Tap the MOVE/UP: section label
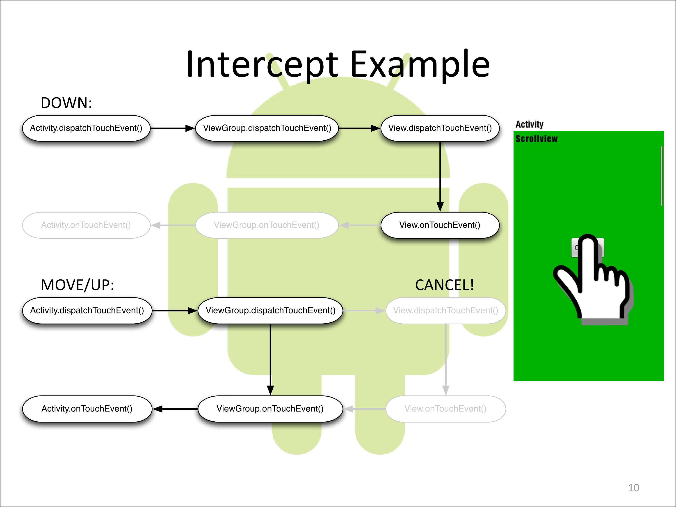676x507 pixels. [77, 285]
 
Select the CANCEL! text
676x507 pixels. [444, 285]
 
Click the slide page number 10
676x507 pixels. [633, 488]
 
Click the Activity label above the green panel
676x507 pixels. [529, 124]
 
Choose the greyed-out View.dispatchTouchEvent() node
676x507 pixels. [445, 311]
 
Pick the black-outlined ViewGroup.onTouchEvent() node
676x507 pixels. [270, 409]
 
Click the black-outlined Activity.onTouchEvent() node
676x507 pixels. [87, 409]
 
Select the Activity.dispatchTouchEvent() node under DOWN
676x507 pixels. [86, 128]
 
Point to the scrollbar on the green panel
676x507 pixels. [662, 176]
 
